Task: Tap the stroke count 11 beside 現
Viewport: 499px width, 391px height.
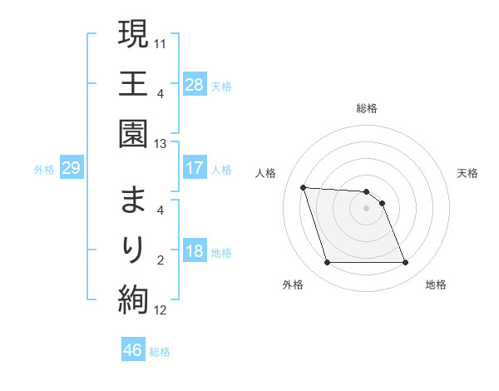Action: pyautogui.click(x=161, y=42)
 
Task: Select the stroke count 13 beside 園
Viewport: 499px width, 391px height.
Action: pyautogui.click(x=161, y=144)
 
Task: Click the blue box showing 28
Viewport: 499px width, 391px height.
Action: pyautogui.click(x=194, y=84)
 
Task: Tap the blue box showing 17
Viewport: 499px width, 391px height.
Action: pyautogui.click(x=194, y=168)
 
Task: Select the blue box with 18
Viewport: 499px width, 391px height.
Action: pyautogui.click(x=194, y=252)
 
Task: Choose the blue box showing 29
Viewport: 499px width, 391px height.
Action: pyautogui.click(x=71, y=169)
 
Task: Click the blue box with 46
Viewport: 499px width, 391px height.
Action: pyautogui.click(x=133, y=350)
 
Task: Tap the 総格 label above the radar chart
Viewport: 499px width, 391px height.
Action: pyautogui.click(x=367, y=108)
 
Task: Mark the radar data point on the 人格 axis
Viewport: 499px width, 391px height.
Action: pyautogui.click(x=303, y=187)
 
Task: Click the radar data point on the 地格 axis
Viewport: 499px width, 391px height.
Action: pyautogui.click(x=405, y=263)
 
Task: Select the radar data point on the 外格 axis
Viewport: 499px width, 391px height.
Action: pyautogui.click(x=327, y=263)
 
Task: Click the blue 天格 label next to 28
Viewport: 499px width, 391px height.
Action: pyautogui.click(x=221, y=85)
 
